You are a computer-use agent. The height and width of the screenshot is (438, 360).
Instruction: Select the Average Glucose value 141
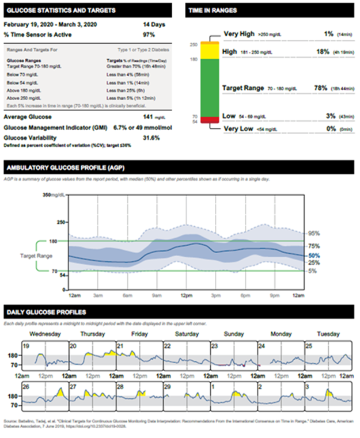coord(149,117)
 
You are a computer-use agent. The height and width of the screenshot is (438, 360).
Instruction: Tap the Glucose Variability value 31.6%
coord(151,138)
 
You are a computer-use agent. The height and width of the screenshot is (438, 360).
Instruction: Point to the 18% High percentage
coord(322,51)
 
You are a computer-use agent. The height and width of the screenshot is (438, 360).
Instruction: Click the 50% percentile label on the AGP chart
coord(314,255)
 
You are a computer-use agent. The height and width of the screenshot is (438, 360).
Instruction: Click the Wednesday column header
coord(45,334)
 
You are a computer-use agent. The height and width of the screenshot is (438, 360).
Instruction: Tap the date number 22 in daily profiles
coord(167,346)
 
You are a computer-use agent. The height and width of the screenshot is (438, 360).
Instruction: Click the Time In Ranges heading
coord(213,10)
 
